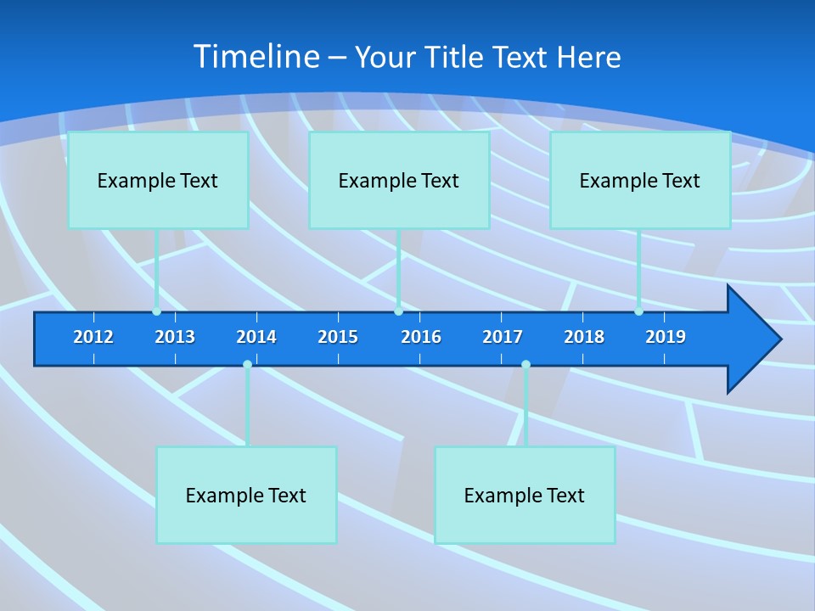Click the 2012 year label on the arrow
pyautogui.click(x=93, y=337)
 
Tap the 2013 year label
pyautogui.click(x=175, y=337)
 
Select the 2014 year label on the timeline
pyautogui.click(x=256, y=337)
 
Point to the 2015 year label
pyautogui.click(x=338, y=337)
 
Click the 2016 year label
pyautogui.click(x=421, y=337)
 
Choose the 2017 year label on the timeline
pyautogui.click(x=503, y=337)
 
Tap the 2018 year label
pyautogui.click(x=584, y=337)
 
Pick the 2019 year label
pyautogui.click(x=666, y=337)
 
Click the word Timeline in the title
pyautogui.click(x=256, y=56)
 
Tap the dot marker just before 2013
pyautogui.click(x=156, y=311)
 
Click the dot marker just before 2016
pyautogui.click(x=398, y=311)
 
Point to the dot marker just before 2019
pyautogui.click(x=638, y=311)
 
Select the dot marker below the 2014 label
pyautogui.click(x=247, y=364)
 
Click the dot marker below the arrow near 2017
pyautogui.click(x=526, y=364)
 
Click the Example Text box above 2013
pyautogui.click(x=158, y=180)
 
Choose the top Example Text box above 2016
pyautogui.click(x=399, y=180)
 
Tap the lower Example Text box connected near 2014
pyautogui.click(x=246, y=495)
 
